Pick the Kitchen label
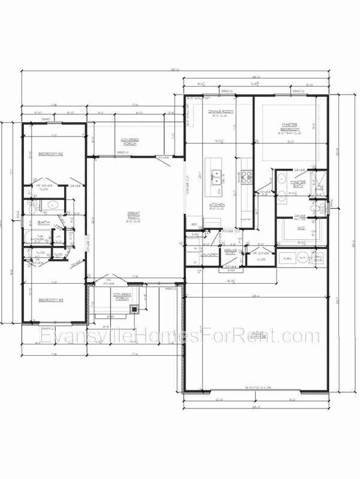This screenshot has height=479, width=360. pos(216,205)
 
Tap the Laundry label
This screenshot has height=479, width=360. pos(210,254)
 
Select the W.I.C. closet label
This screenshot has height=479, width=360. pos(301,228)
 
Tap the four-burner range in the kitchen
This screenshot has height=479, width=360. pos(246,177)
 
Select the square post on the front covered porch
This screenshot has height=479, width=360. pos(134,310)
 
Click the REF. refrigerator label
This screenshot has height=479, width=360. pos(194,225)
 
